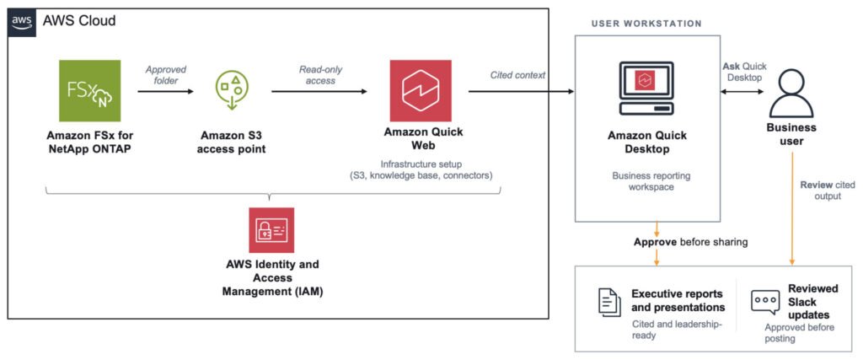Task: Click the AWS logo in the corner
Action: tap(22, 22)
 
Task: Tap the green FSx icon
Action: tap(89, 91)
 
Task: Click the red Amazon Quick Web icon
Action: tap(421, 91)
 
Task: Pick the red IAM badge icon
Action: tap(271, 230)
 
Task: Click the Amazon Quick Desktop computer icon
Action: tap(647, 88)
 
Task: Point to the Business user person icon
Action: tap(791, 90)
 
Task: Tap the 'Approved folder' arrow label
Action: tap(166, 75)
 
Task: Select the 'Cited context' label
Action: tap(517, 75)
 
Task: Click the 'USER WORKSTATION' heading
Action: tap(646, 24)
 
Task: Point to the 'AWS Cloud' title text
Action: tap(80, 21)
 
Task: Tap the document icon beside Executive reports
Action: tap(609, 302)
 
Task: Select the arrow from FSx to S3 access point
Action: tap(166, 91)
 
